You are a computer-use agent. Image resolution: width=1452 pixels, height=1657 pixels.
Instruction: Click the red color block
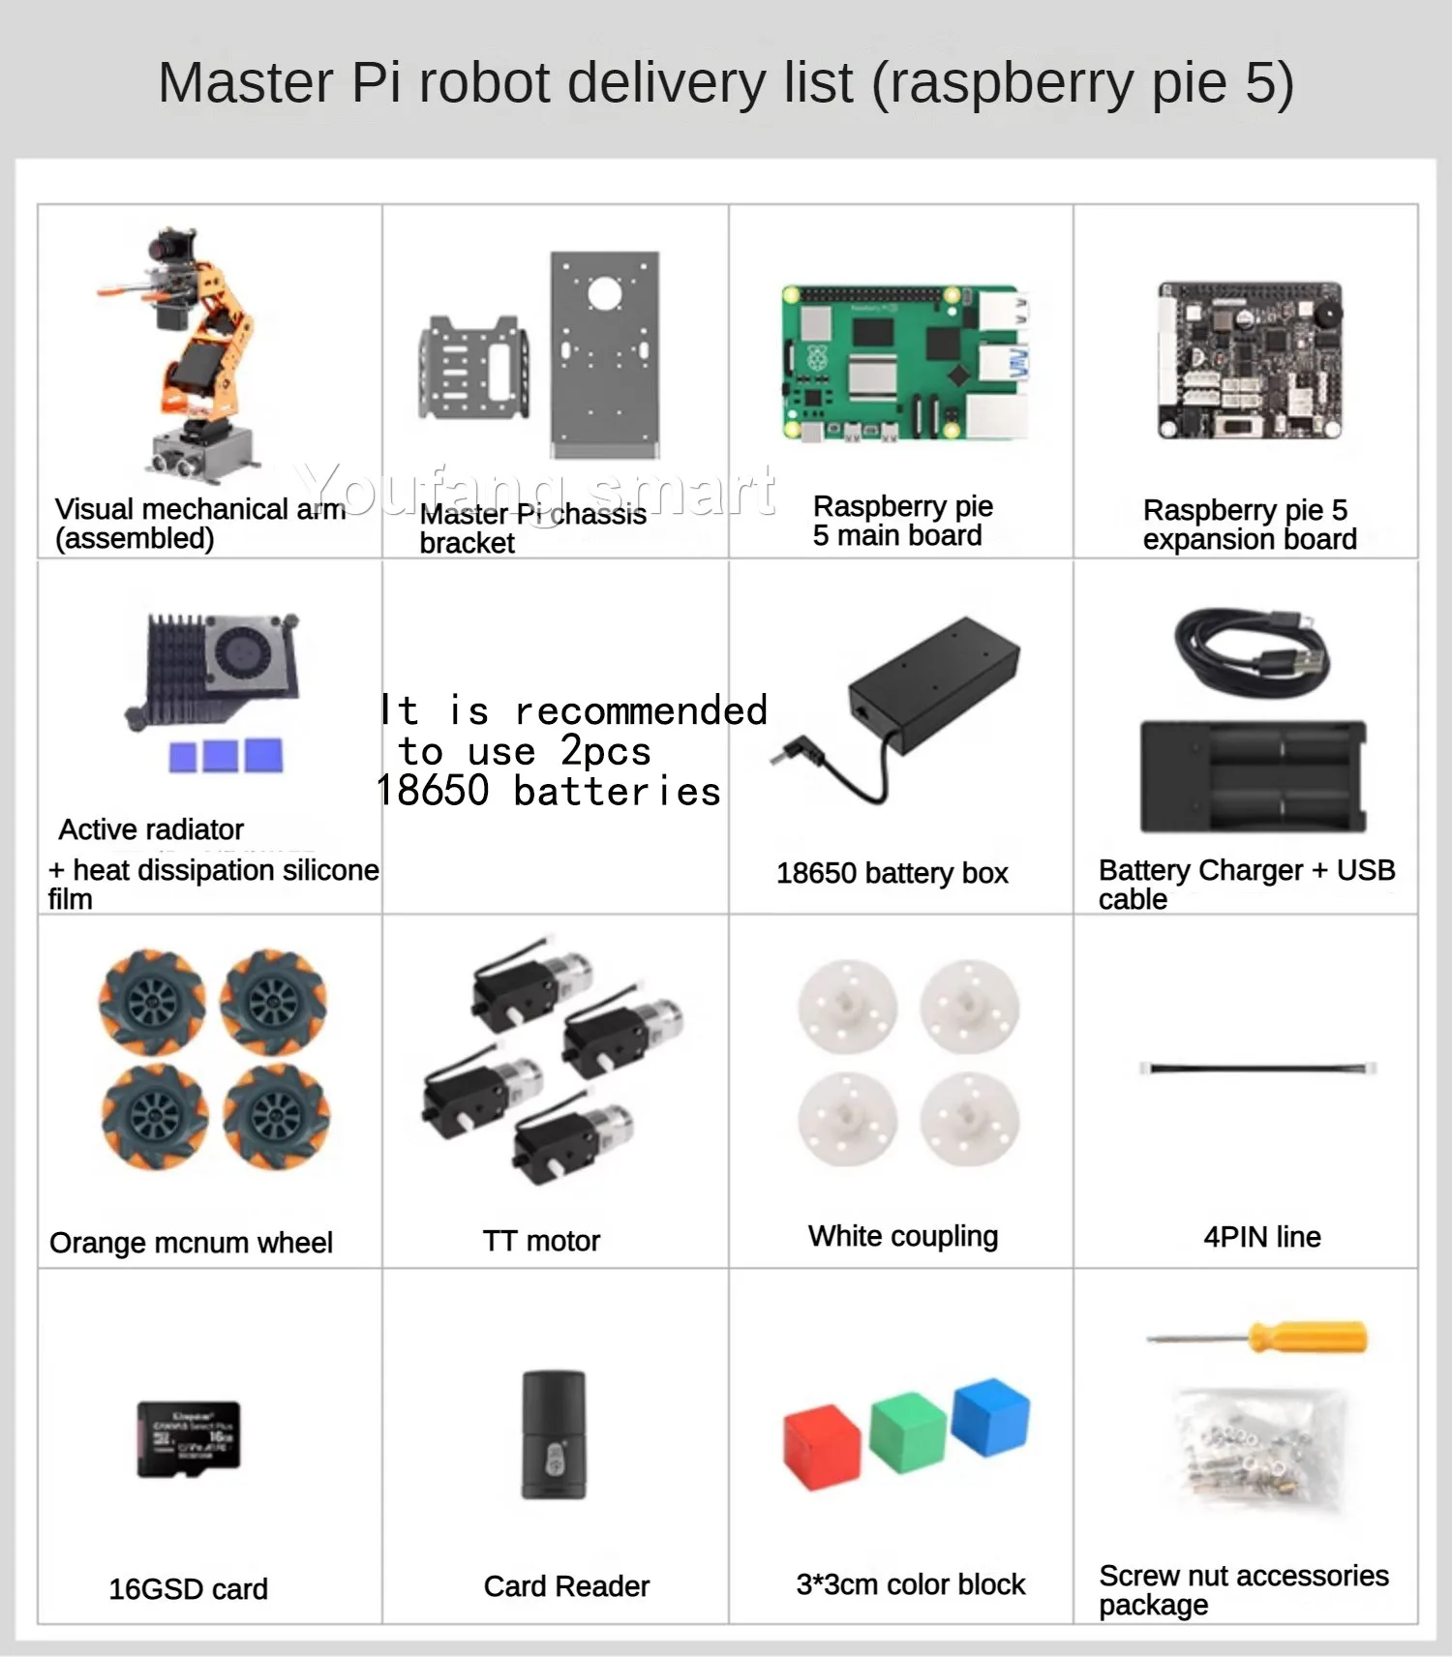click(x=822, y=1447)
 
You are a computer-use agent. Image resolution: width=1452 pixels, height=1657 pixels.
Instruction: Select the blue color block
click(x=990, y=1415)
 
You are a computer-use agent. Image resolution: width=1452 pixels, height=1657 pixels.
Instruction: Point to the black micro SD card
click(x=189, y=1438)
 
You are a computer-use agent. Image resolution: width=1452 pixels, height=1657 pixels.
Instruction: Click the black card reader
click(x=554, y=1434)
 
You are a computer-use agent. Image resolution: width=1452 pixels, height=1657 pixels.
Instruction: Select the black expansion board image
click(x=1250, y=360)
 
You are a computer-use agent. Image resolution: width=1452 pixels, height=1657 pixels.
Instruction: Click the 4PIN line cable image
click(x=1257, y=1069)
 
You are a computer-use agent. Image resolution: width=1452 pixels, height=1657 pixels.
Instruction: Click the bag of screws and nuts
click(x=1256, y=1449)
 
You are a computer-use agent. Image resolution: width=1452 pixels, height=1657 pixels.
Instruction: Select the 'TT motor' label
click(x=541, y=1241)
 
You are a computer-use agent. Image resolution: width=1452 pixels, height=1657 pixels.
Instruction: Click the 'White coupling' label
click(x=903, y=1236)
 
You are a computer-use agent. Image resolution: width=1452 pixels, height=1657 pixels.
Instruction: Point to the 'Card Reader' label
click(x=566, y=1586)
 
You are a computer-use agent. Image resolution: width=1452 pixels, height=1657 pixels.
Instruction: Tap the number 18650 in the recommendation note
click(x=433, y=791)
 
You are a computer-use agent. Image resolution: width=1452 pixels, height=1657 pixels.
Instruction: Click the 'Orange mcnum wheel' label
click(x=191, y=1243)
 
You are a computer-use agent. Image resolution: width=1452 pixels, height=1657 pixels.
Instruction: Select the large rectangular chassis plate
click(x=605, y=353)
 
